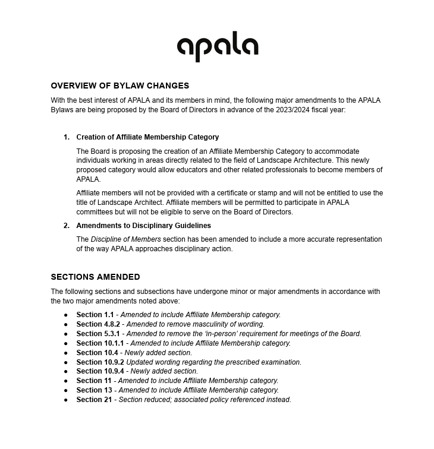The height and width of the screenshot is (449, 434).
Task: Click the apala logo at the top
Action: [218, 46]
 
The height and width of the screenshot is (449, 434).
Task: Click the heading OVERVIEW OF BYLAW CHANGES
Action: [119, 86]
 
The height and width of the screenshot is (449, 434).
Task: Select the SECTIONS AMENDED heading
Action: [95, 277]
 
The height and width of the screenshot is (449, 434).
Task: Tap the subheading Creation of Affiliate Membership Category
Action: [147, 137]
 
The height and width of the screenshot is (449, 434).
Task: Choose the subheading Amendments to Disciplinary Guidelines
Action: [143, 226]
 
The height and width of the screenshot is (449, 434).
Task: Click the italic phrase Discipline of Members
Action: [125, 239]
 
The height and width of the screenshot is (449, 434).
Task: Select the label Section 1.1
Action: [95, 315]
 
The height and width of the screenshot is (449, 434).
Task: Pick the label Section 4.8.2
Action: [98, 324]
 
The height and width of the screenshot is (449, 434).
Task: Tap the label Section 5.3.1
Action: [98, 334]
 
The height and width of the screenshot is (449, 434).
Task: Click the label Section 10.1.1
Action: [100, 343]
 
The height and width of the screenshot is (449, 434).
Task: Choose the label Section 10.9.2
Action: [100, 362]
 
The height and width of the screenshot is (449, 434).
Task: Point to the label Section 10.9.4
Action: [100, 371]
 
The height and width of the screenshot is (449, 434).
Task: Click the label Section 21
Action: [94, 400]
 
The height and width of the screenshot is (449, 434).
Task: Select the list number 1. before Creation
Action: [67, 137]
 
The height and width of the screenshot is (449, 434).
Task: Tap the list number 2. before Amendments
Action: [67, 226]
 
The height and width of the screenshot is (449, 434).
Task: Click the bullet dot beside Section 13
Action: [66, 391]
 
